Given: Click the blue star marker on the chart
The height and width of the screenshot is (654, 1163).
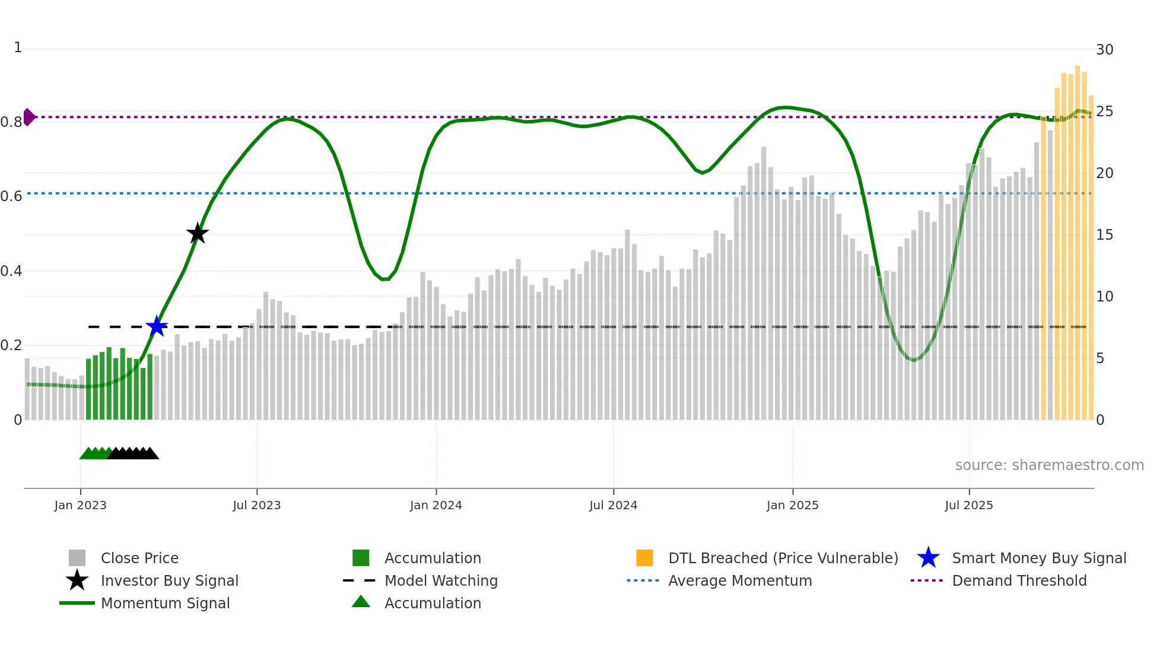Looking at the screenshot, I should click(x=157, y=326).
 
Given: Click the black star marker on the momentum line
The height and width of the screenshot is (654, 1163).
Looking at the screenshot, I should click(x=198, y=233).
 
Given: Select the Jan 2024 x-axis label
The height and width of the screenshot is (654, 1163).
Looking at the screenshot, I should click(x=436, y=505).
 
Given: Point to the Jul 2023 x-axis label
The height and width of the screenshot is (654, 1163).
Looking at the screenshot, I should click(x=256, y=505).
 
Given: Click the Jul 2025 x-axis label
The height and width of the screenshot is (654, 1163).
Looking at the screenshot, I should click(x=968, y=505).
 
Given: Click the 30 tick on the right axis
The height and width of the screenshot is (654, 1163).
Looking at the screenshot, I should click(x=1104, y=49).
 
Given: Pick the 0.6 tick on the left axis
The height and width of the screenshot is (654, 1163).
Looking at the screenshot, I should click(x=12, y=196).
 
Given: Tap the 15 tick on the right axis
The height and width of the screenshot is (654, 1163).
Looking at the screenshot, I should click(x=1104, y=234).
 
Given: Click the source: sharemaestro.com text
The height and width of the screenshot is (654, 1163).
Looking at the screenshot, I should click(x=1049, y=465).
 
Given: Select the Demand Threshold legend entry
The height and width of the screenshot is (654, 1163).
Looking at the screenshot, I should click(x=1019, y=580).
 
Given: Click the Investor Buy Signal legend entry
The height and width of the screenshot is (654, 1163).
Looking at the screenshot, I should click(x=169, y=580).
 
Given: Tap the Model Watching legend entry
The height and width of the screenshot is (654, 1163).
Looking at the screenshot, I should click(x=441, y=580).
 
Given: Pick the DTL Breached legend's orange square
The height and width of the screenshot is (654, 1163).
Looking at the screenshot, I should click(x=644, y=558).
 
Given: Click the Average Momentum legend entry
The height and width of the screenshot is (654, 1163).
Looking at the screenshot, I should click(x=739, y=580).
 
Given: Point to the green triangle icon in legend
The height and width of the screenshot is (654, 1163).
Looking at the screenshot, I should click(x=361, y=602).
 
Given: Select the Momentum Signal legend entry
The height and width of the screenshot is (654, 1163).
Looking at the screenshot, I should click(x=165, y=603).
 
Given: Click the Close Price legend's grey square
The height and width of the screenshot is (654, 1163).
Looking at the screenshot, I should click(x=77, y=558).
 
